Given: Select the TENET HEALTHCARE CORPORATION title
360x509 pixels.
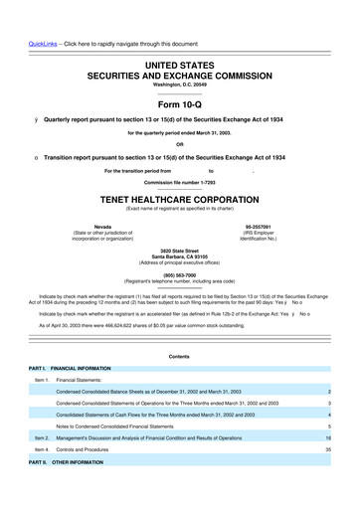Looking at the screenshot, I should [179, 198].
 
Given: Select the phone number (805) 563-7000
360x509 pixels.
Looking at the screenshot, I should [179, 275].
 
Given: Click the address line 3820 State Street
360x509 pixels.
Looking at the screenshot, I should [179, 251].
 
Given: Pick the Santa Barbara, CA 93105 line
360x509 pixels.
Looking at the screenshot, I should [179, 256].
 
